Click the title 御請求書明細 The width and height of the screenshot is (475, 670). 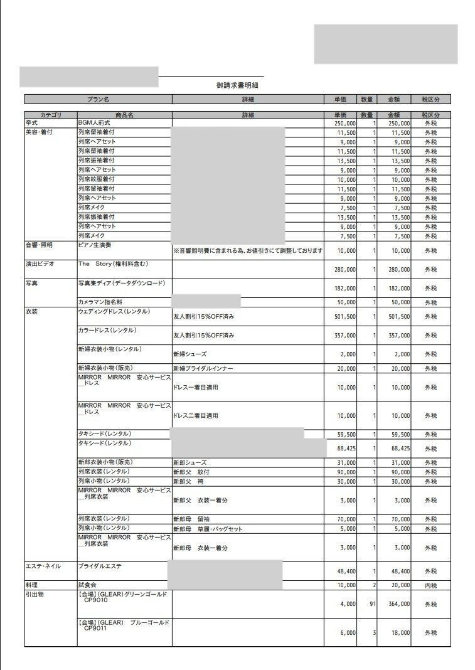(x=237, y=85)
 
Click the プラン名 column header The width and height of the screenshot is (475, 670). (x=98, y=99)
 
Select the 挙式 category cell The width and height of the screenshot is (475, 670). (x=32, y=124)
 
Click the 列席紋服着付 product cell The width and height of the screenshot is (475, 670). (x=97, y=179)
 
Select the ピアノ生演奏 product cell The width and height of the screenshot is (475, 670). (x=96, y=245)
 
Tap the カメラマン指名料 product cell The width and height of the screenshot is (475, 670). (x=100, y=302)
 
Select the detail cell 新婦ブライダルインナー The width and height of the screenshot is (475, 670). (x=202, y=369)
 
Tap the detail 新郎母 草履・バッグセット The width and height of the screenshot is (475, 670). (x=207, y=529)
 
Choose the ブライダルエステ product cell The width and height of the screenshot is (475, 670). (x=100, y=566)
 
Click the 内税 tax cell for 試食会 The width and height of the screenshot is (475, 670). (x=430, y=585)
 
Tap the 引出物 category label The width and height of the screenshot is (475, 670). (x=35, y=594)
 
